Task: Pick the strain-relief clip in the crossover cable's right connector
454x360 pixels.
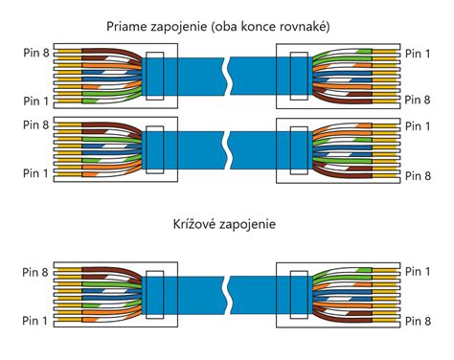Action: [297, 296]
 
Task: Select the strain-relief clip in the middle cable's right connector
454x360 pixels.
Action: [297, 149]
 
